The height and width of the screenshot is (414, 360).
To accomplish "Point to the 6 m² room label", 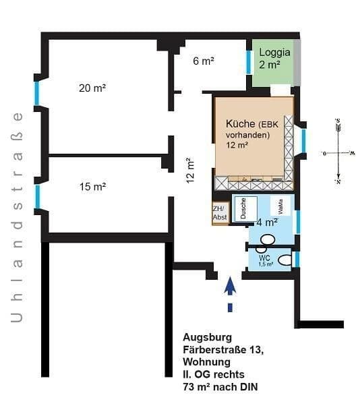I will [x=203, y=61].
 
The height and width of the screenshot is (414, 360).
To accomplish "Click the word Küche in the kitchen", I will [x=241, y=123].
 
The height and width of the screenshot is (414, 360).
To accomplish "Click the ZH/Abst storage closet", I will [x=220, y=213].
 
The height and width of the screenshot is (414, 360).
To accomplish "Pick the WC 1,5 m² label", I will [x=264, y=260].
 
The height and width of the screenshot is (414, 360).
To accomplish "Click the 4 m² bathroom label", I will [x=267, y=222].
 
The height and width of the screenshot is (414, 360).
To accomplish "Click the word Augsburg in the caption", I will [x=208, y=337].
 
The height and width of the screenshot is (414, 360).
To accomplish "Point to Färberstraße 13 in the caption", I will [x=222, y=349].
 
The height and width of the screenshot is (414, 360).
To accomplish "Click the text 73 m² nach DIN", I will [x=220, y=386].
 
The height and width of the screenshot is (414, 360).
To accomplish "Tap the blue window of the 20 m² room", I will [x=37, y=93].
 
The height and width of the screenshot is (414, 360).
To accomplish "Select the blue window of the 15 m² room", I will [x=38, y=196].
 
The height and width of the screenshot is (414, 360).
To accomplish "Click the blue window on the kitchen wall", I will [x=304, y=140].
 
